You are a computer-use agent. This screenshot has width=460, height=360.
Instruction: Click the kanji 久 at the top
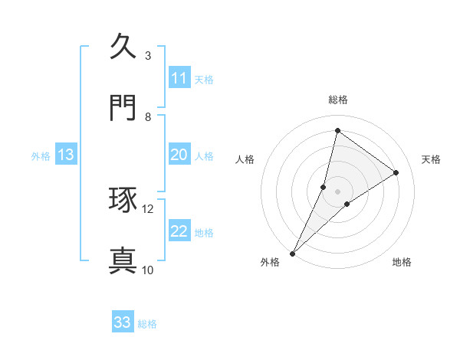[x=123, y=47]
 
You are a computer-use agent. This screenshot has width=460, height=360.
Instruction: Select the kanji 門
[x=123, y=108]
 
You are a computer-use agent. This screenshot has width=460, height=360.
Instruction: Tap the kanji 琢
[x=123, y=200]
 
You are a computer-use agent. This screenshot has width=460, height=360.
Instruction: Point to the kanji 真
[x=123, y=260]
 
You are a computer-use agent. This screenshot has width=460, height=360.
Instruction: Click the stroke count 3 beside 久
[x=148, y=56]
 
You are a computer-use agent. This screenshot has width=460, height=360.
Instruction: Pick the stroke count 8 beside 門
[x=148, y=117]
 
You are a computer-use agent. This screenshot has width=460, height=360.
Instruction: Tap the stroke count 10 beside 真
[x=148, y=270]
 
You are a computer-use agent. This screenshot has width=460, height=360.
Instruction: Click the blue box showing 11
[x=179, y=78]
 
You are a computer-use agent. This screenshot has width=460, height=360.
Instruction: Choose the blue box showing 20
[x=179, y=155]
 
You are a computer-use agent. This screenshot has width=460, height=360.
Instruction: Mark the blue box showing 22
[x=179, y=231]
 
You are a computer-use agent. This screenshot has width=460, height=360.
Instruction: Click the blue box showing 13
[x=66, y=155]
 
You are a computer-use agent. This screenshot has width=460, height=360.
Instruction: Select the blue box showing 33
[x=123, y=322]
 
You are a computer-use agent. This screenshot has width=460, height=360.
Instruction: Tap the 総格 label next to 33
[x=147, y=324]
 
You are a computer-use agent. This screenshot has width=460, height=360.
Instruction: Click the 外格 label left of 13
[x=41, y=156]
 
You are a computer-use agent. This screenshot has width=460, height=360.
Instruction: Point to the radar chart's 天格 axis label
[x=432, y=159]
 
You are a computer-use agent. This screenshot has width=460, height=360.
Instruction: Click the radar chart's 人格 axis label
[x=245, y=159]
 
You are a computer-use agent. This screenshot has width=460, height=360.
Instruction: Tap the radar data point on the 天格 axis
[x=396, y=172]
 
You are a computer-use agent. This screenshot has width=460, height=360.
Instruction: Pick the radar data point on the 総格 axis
[x=337, y=130]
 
